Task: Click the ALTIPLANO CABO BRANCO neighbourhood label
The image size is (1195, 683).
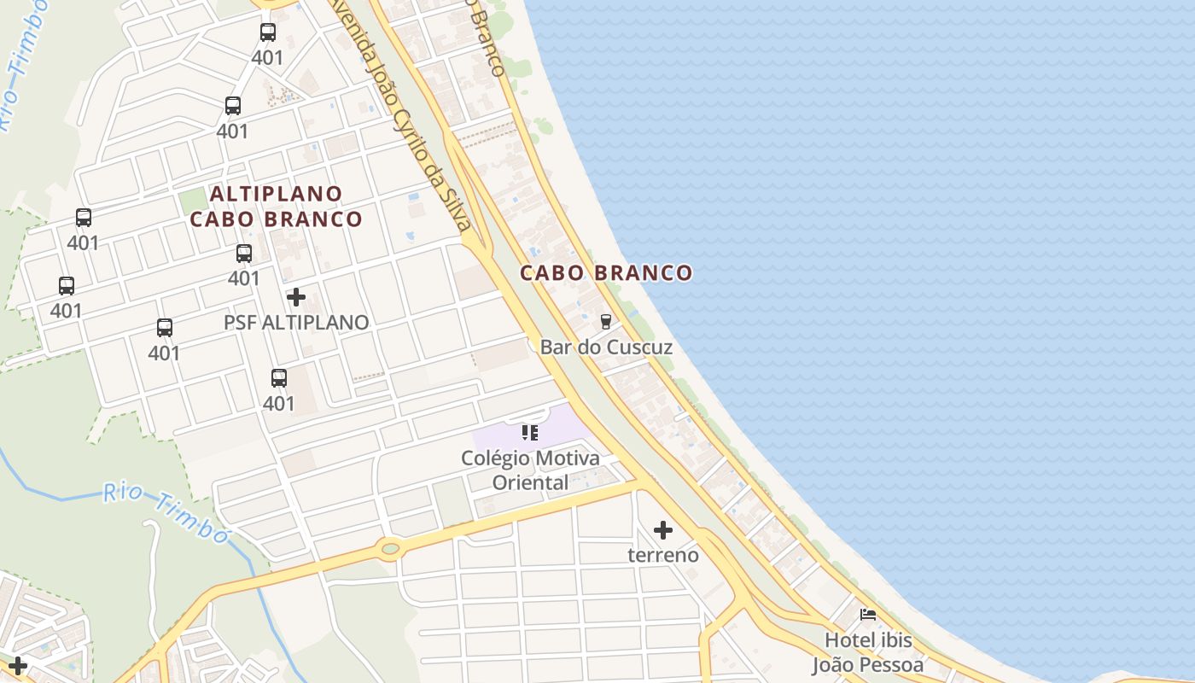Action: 276,207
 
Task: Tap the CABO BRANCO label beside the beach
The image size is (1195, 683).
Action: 606,273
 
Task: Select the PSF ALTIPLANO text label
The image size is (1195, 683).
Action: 296,323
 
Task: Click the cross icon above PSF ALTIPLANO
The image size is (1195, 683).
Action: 296,297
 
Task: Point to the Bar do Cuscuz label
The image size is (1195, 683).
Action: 606,347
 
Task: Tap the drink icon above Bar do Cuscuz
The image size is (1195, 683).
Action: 606,321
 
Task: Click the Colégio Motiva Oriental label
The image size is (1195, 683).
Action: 530,470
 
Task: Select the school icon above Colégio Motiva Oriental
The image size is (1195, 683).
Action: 530,433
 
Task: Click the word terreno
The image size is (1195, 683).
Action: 663,556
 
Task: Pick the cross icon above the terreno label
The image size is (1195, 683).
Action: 663,530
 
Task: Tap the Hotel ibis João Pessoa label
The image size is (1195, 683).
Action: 868,652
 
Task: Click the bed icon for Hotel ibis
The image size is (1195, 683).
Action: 868,615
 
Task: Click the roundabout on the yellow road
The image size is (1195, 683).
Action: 390,548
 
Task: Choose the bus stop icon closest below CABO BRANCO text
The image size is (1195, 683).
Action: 244,253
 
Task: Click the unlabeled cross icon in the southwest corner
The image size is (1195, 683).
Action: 18,665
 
